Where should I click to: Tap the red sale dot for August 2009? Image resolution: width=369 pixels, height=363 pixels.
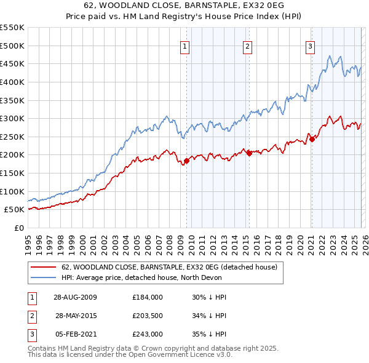(x=186, y=161)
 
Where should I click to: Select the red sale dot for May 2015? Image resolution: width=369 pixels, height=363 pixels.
(x=249, y=154)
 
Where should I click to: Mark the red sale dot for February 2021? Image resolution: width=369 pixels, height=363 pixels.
(x=312, y=139)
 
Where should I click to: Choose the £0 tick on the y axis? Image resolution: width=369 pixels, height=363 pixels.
(x=19, y=228)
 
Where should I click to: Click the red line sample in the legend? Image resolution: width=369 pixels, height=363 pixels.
(x=43, y=268)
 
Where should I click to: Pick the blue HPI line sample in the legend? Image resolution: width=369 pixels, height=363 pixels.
(x=43, y=277)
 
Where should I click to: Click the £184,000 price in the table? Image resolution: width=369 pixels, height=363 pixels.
(x=148, y=297)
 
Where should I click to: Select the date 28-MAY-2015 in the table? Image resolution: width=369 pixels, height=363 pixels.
(x=77, y=316)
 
